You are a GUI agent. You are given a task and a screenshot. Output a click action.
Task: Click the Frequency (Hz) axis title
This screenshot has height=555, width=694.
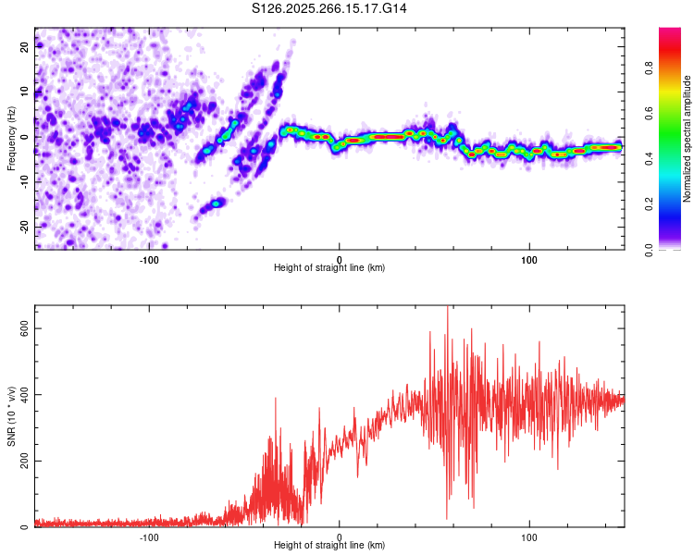[x=11, y=138]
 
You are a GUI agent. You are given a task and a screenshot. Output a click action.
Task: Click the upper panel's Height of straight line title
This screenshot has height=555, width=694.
[x=329, y=267]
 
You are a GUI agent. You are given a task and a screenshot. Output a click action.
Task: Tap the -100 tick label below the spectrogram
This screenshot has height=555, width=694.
[x=149, y=260]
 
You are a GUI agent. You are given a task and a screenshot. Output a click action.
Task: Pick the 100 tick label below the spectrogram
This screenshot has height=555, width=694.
[x=529, y=260]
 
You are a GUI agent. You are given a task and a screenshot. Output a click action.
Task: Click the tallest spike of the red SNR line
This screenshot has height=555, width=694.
[x=448, y=308]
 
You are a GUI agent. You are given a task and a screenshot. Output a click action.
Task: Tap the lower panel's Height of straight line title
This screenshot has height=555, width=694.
[x=329, y=545]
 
